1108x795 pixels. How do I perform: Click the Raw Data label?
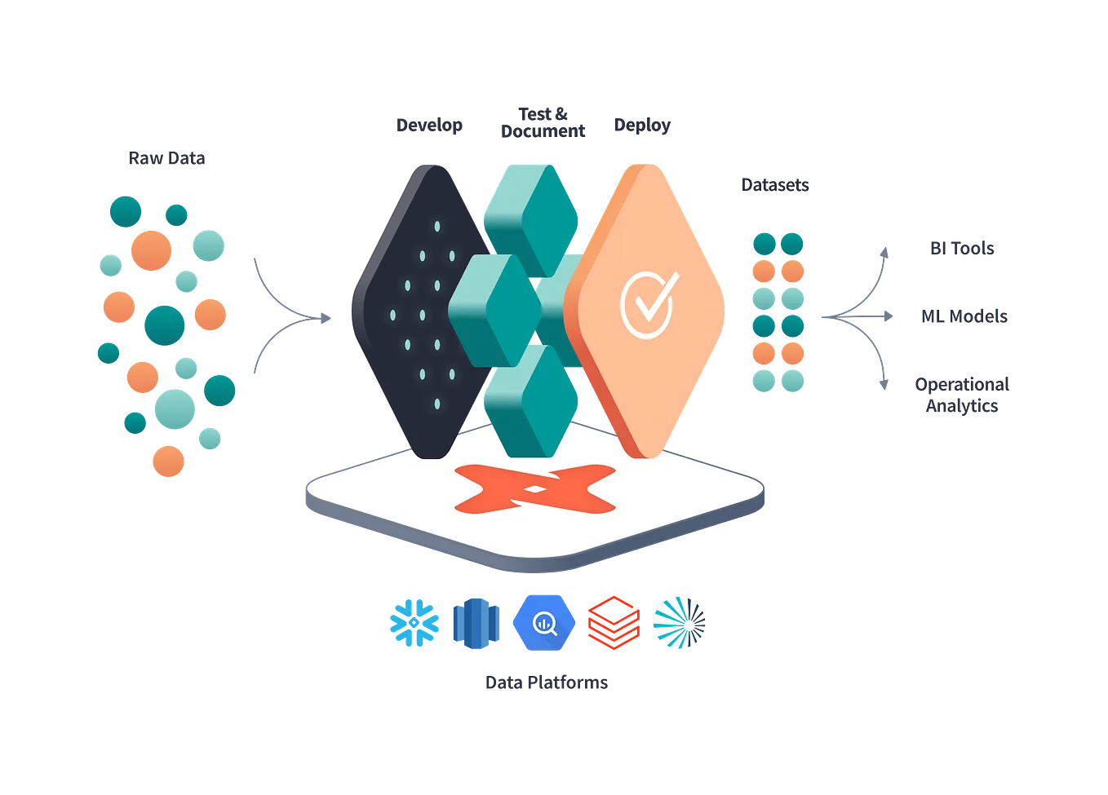point(166,158)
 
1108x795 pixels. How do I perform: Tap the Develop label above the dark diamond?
point(428,126)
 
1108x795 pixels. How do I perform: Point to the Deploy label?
point(642,127)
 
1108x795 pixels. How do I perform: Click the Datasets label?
point(773,186)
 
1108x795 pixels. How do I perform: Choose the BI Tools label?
point(963,249)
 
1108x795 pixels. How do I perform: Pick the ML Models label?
point(965,316)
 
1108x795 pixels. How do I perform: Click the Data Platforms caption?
point(547,683)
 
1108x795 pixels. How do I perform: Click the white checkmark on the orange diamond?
point(648,304)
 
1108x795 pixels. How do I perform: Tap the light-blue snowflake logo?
point(414,623)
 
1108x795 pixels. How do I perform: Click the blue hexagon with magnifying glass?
point(543,623)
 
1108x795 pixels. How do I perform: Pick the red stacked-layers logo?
point(609,623)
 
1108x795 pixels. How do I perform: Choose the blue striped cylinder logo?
point(476,623)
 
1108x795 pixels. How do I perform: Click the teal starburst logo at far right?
point(678,623)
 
